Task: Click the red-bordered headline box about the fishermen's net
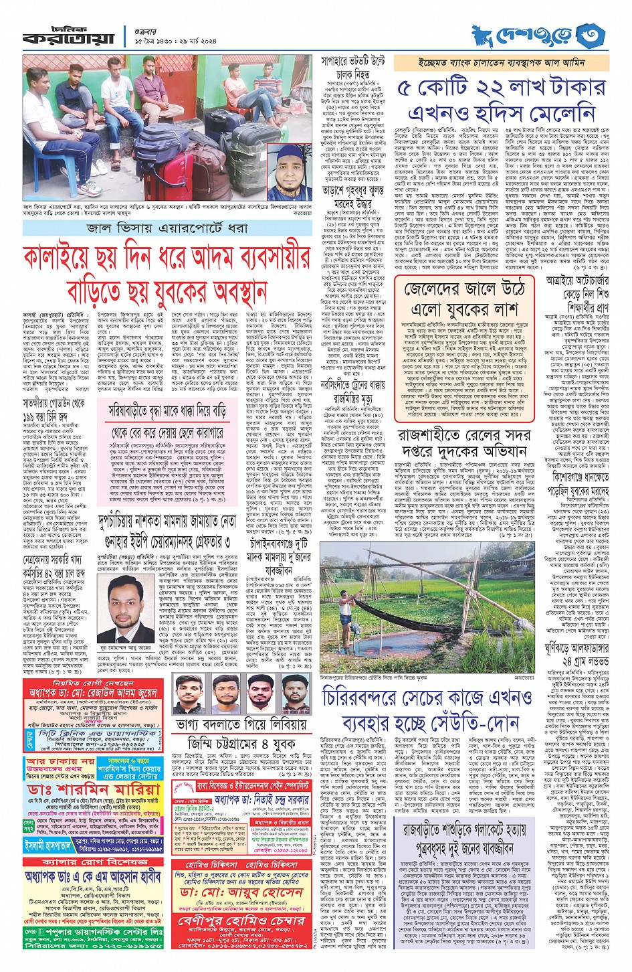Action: click(461, 298)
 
